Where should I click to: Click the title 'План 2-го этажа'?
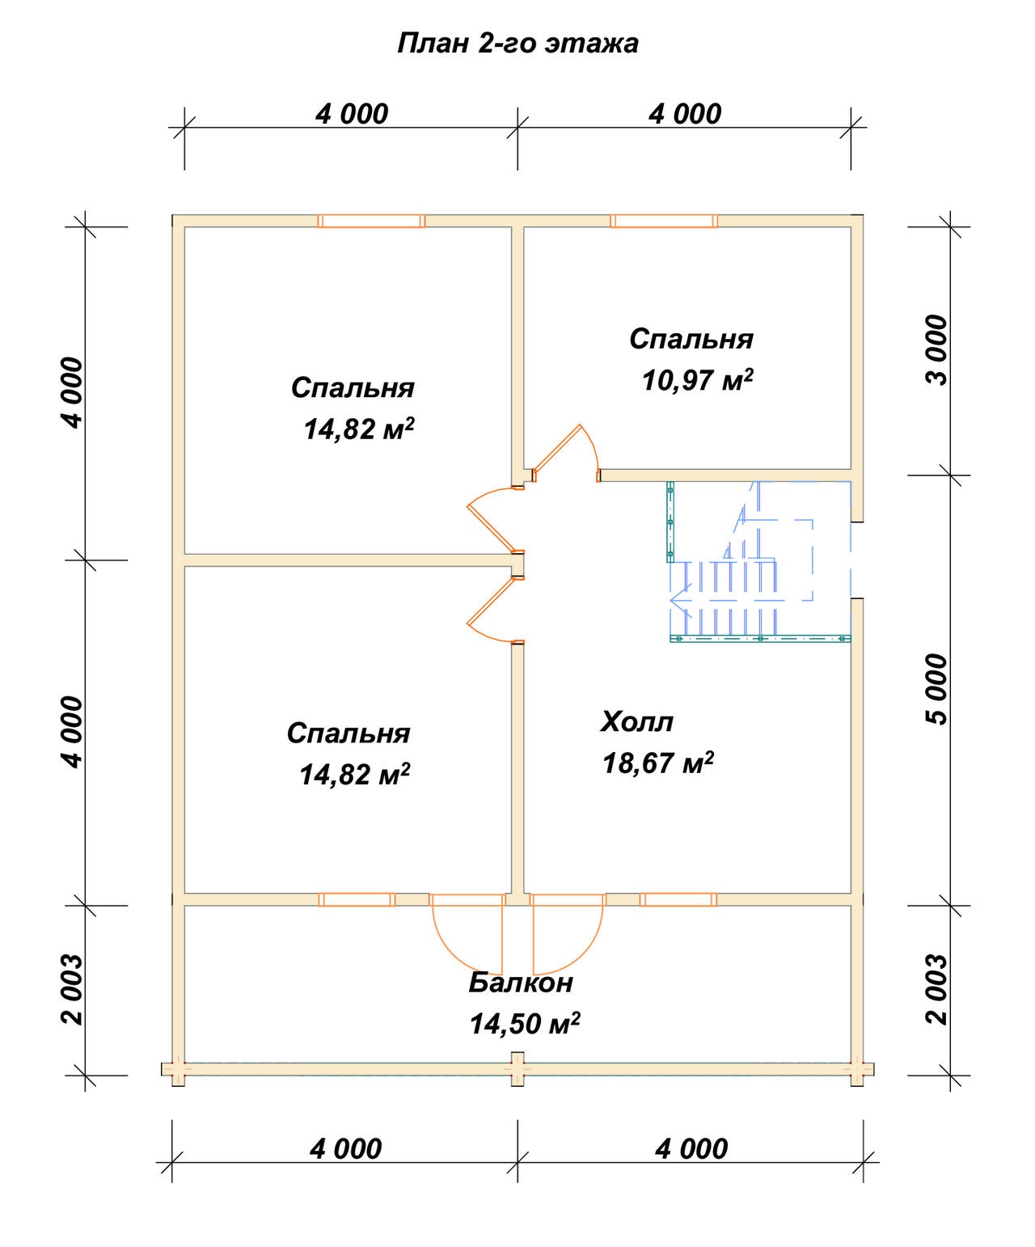[517, 43]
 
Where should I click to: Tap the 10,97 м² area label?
[697, 380]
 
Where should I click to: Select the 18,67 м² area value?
[657, 763]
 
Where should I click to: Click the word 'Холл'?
[636, 721]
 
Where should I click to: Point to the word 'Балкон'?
[520, 983]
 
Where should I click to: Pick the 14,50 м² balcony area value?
[524, 1024]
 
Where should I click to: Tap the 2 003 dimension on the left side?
[72, 989]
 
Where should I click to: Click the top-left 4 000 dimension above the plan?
[352, 114]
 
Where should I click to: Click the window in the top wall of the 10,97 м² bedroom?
[664, 221]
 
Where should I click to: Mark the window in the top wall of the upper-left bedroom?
[371, 221]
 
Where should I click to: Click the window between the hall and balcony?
[678, 899]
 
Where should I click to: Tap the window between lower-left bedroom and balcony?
[357, 899]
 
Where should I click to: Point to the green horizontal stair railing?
[760, 638]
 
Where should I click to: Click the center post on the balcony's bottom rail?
[517, 1069]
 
